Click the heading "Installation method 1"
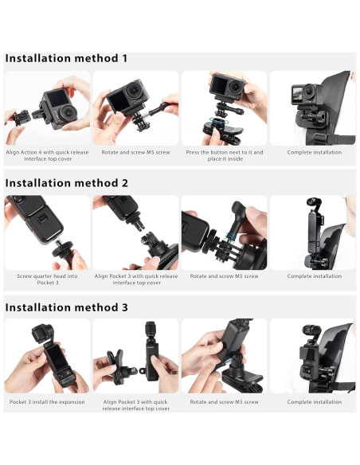[66, 58]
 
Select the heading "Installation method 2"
[67, 182]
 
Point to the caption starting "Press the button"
[224, 151]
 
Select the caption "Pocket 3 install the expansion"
[47, 402]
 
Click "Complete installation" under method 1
[314, 151]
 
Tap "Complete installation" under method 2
[314, 276]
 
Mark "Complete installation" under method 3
[314, 402]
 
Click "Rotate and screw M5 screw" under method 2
[224, 276]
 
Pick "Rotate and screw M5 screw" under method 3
[224, 402]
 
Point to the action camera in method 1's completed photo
[303, 95]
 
